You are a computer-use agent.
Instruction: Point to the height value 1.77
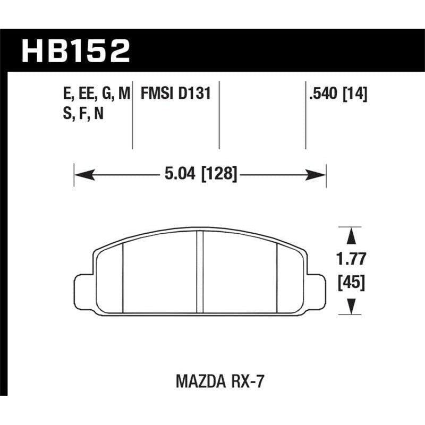[x=351, y=260]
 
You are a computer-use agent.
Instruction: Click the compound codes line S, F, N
[x=83, y=114]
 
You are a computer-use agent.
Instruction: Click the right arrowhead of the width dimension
[x=319, y=174]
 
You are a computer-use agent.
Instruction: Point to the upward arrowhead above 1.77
[x=351, y=234]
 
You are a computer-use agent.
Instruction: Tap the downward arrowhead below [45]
[x=351, y=307]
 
